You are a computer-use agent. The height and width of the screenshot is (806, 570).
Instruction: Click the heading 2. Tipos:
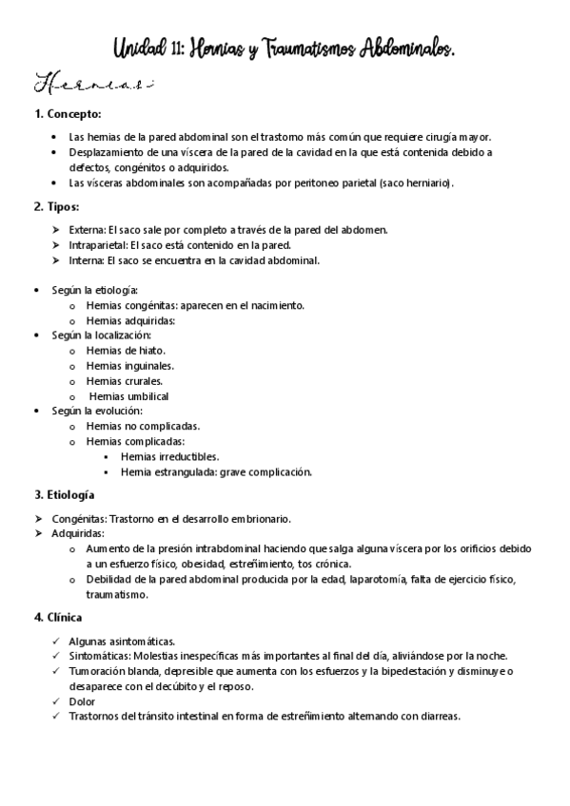pyautogui.click(x=56, y=205)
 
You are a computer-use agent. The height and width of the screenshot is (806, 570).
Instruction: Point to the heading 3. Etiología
pyautogui.click(x=64, y=494)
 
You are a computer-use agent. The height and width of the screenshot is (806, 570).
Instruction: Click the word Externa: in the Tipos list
pyautogui.click(x=88, y=229)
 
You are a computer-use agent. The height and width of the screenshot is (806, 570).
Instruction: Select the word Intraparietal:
pyautogui.click(x=99, y=244)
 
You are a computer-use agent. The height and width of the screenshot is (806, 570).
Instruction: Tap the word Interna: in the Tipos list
pyautogui.click(x=87, y=259)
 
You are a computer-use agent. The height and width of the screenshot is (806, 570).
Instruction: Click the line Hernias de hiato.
pyautogui.click(x=125, y=350)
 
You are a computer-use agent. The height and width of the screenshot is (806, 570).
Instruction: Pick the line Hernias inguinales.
pyautogui.click(x=129, y=365)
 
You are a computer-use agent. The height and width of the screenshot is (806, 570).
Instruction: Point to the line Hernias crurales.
pyautogui.click(x=124, y=380)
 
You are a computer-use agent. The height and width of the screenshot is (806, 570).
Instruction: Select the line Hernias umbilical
pyautogui.click(x=128, y=395)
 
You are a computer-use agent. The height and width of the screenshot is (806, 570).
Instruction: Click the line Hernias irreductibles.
pyautogui.click(x=169, y=456)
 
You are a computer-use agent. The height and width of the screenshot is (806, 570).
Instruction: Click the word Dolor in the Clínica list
pyautogui.click(x=82, y=701)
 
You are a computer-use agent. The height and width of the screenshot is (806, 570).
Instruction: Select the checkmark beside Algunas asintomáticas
pyautogui.click(x=59, y=641)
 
